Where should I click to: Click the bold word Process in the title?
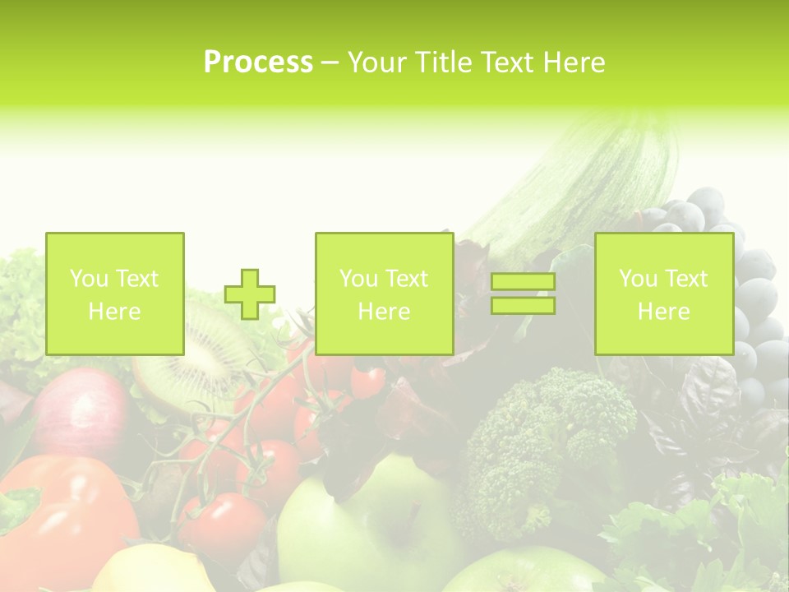pyautogui.click(x=258, y=62)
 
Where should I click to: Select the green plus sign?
pyautogui.click(x=250, y=294)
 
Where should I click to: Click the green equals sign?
pyautogui.click(x=523, y=294)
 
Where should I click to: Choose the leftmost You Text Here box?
pyautogui.click(x=115, y=294)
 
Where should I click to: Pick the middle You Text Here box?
pyautogui.click(x=385, y=294)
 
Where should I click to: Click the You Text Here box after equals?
pyautogui.click(x=664, y=294)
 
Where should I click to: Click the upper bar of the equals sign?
pyautogui.click(x=523, y=282)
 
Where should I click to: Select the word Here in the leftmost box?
pyautogui.click(x=114, y=312)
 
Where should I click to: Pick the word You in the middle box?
pyautogui.click(x=358, y=279)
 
